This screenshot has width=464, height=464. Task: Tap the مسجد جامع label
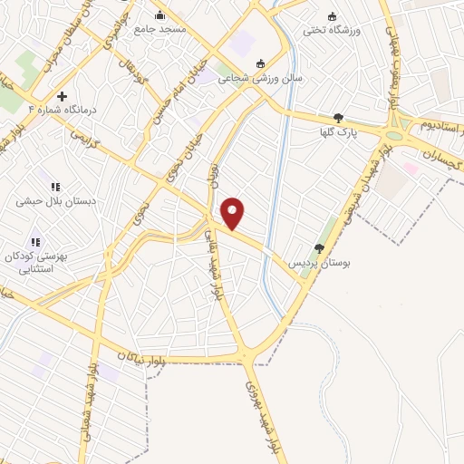(160, 29)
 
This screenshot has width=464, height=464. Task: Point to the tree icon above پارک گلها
(338, 118)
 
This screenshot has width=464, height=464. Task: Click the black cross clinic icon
(62, 96)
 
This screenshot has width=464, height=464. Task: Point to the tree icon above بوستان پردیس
(318, 247)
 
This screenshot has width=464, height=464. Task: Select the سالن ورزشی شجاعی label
(292, 78)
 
